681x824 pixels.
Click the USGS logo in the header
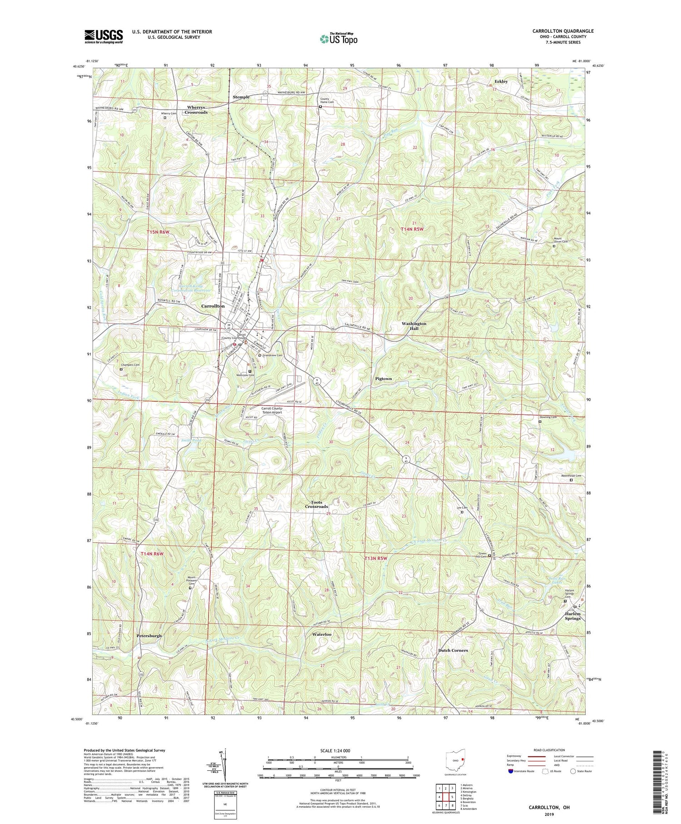coord(104,36)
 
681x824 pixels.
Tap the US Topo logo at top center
coord(339,39)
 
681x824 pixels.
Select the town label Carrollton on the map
coord(213,306)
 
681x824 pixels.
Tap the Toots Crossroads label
coord(316,504)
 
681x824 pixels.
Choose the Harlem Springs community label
coord(572,616)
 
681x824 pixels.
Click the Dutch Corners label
coord(453,650)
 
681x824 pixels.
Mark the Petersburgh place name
coord(149,636)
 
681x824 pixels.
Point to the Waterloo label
coord(321,634)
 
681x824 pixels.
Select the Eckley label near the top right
coord(501,81)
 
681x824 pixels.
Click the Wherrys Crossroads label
coord(197,110)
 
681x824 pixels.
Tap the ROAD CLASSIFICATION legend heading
coord(549,750)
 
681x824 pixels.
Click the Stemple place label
coord(241,97)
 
